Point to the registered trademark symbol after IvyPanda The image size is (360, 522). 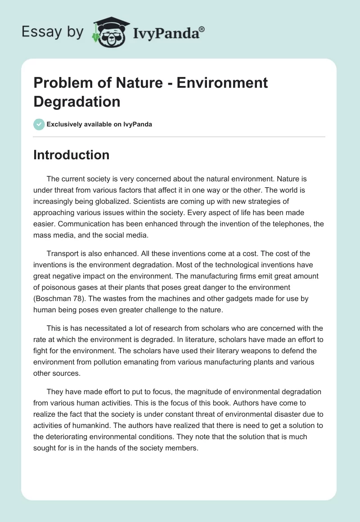pyautogui.click(x=202, y=29)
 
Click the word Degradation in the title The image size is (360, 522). pyautogui.click(x=77, y=101)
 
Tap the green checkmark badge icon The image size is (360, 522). pyautogui.click(x=39, y=124)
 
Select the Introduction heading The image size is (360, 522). pyautogui.click(x=72, y=155)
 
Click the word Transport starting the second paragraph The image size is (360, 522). pyautogui.click(x=62, y=254)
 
